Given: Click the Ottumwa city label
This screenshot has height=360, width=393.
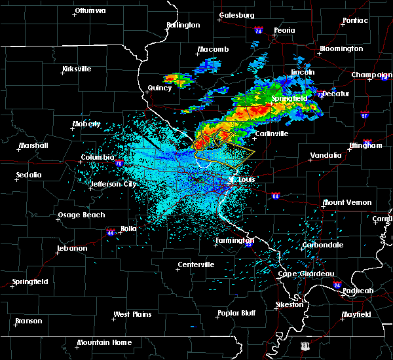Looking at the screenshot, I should [x=90, y=10].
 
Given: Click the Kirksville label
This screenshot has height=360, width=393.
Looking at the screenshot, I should [x=77, y=69].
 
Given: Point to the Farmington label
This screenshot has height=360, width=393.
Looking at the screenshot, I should [x=235, y=240].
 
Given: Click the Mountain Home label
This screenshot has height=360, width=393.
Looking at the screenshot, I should [x=104, y=342].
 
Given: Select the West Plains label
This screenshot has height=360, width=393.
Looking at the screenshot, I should [x=132, y=314].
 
